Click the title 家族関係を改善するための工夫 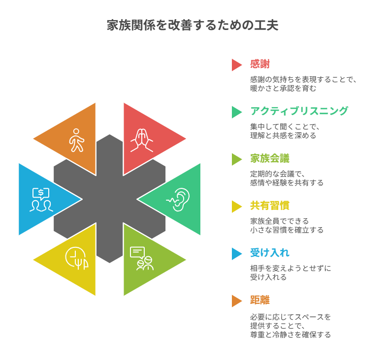(x=192, y=26)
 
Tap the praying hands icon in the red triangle (x=142, y=140)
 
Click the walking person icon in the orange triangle (x=76, y=140)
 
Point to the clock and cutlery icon (x=77, y=258)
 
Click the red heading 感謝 (x=259, y=64)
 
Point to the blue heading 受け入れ (x=269, y=253)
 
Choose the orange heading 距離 (x=259, y=300)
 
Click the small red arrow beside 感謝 (x=236, y=64)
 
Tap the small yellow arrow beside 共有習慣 (x=236, y=206)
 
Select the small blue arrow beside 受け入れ (x=236, y=253)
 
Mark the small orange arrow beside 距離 (x=236, y=300)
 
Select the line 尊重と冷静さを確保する (x=290, y=334)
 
